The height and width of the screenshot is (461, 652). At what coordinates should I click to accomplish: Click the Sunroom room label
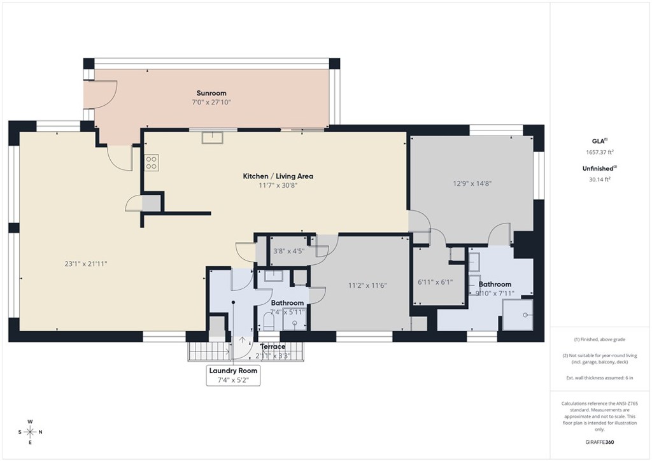click(211, 93)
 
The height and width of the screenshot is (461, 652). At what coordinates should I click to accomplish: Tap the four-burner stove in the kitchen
click(152, 162)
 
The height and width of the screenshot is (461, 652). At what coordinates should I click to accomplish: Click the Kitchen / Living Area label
click(278, 176)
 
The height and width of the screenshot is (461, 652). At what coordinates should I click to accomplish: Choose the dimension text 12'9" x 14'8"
click(472, 183)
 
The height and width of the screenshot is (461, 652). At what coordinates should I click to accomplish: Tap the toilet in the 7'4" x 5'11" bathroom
click(269, 322)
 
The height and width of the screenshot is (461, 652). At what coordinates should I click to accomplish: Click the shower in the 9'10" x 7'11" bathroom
click(518, 315)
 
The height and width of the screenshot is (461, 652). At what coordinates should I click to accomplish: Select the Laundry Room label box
click(233, 375)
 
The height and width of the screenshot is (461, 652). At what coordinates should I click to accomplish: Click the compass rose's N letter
click(40, 432)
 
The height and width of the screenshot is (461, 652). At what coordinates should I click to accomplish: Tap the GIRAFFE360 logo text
click(600, 442)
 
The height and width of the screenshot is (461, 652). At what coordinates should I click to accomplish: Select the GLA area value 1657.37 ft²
click(600, 152)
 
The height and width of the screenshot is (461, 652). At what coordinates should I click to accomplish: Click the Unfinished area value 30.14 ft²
click(600, 179)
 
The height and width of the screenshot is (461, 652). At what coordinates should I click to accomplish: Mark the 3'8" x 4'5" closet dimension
click(288, 251)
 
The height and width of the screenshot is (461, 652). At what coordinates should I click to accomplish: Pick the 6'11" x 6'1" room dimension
click(435, 281)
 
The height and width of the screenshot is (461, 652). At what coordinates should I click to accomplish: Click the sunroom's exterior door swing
click(102, 92)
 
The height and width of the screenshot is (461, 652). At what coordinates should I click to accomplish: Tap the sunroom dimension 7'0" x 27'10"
click(211, 103)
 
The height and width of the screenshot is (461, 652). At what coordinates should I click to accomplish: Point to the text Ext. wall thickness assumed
click(600, 378)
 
